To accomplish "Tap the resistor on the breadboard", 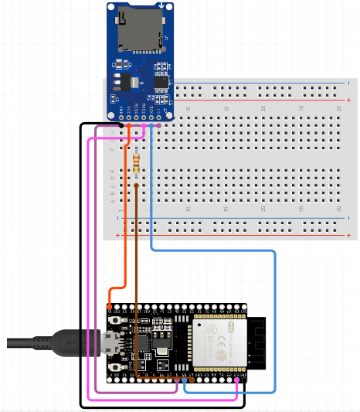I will click(x=137, y=162).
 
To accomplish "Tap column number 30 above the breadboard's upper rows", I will click(x=340, y=108).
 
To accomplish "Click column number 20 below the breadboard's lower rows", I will click(x=263, y=209).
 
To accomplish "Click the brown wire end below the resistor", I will click(x=137, y=186).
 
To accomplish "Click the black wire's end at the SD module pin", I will click(x=121, y=124).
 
